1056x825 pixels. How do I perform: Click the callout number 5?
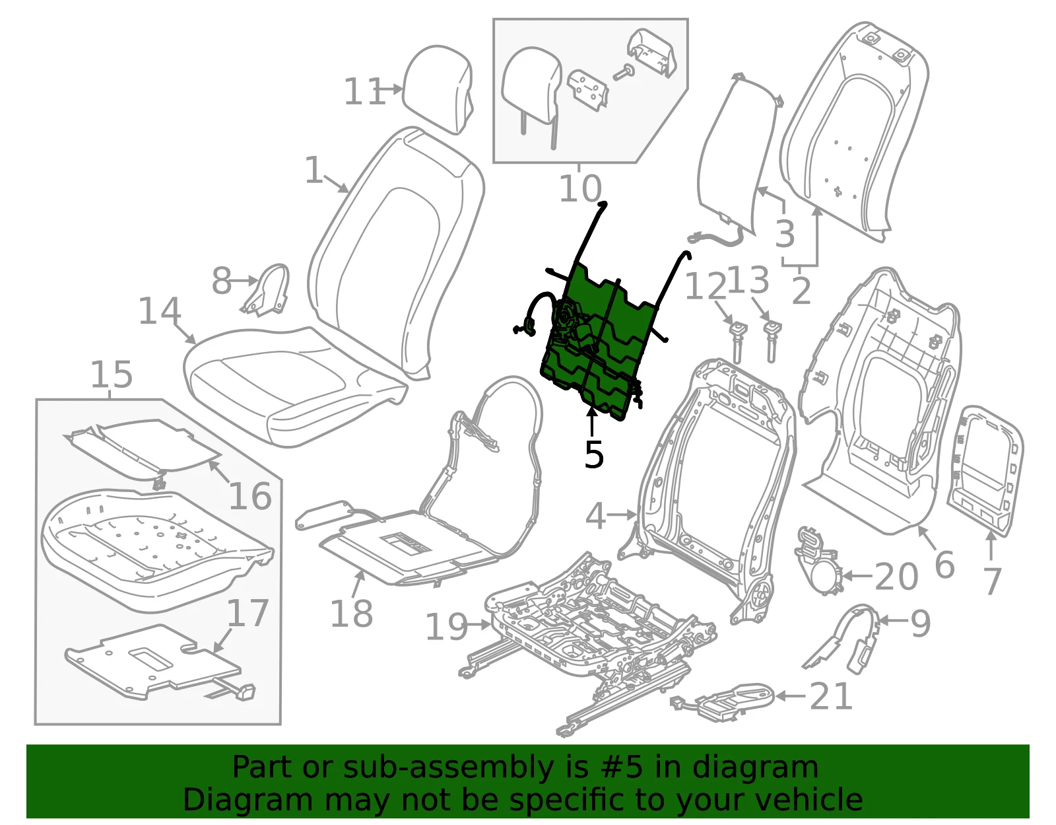point(593,455)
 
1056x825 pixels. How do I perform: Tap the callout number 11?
point(364,92)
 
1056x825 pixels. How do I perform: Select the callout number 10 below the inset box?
point(580,189)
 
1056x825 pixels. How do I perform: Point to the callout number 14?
point(160,310)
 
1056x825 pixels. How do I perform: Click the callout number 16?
point(249,496)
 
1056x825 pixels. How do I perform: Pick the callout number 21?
point(831,696)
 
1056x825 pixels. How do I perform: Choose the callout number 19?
point(446,627)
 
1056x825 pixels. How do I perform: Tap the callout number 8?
point(222,281)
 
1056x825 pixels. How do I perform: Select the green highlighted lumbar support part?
point(600,336)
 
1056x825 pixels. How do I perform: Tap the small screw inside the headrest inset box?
point(624,73)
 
